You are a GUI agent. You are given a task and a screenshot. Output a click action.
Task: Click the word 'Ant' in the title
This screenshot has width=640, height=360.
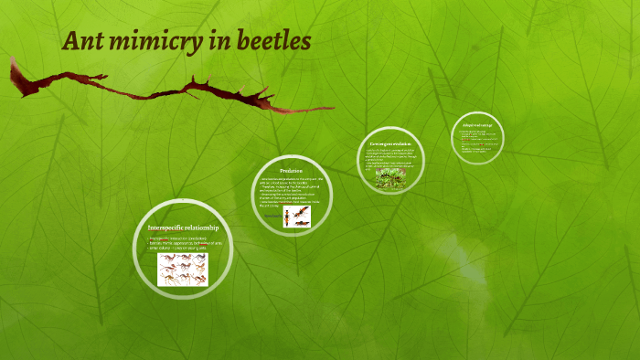[x=83, y=42]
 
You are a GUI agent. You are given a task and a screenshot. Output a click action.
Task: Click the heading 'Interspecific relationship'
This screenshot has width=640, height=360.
[x=183, y=227]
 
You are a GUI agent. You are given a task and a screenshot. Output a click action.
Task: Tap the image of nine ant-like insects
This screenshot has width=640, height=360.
[x=182, y=269]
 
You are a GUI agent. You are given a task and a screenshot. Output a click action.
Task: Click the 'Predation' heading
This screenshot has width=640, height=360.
[x=291, y=171]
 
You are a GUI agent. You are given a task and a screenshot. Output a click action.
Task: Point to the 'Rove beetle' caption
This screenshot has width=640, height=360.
[x=271, y=216]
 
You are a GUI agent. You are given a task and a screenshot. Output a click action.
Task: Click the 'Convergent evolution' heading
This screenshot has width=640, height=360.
[x=391, y=144]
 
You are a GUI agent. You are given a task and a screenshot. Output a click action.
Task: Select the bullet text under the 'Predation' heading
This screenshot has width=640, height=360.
[x=290, y=190]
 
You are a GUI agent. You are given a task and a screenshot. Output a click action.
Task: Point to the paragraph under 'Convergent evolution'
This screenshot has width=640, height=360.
[x=391, y=158]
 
